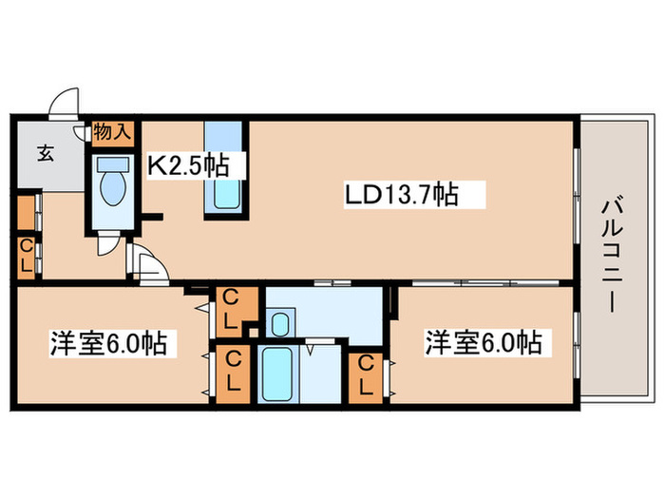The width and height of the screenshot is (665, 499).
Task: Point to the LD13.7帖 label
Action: (x=401, y=196)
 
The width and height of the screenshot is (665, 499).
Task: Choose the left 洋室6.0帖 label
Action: (x=107, y=342)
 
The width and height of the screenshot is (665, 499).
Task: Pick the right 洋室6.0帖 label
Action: (x=484, y=342)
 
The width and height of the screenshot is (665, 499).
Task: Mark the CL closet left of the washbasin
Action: (x=231, y=309)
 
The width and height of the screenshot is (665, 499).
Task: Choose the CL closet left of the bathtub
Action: (x=231, y=373)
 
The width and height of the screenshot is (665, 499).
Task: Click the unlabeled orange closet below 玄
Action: (x=26, y=212)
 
